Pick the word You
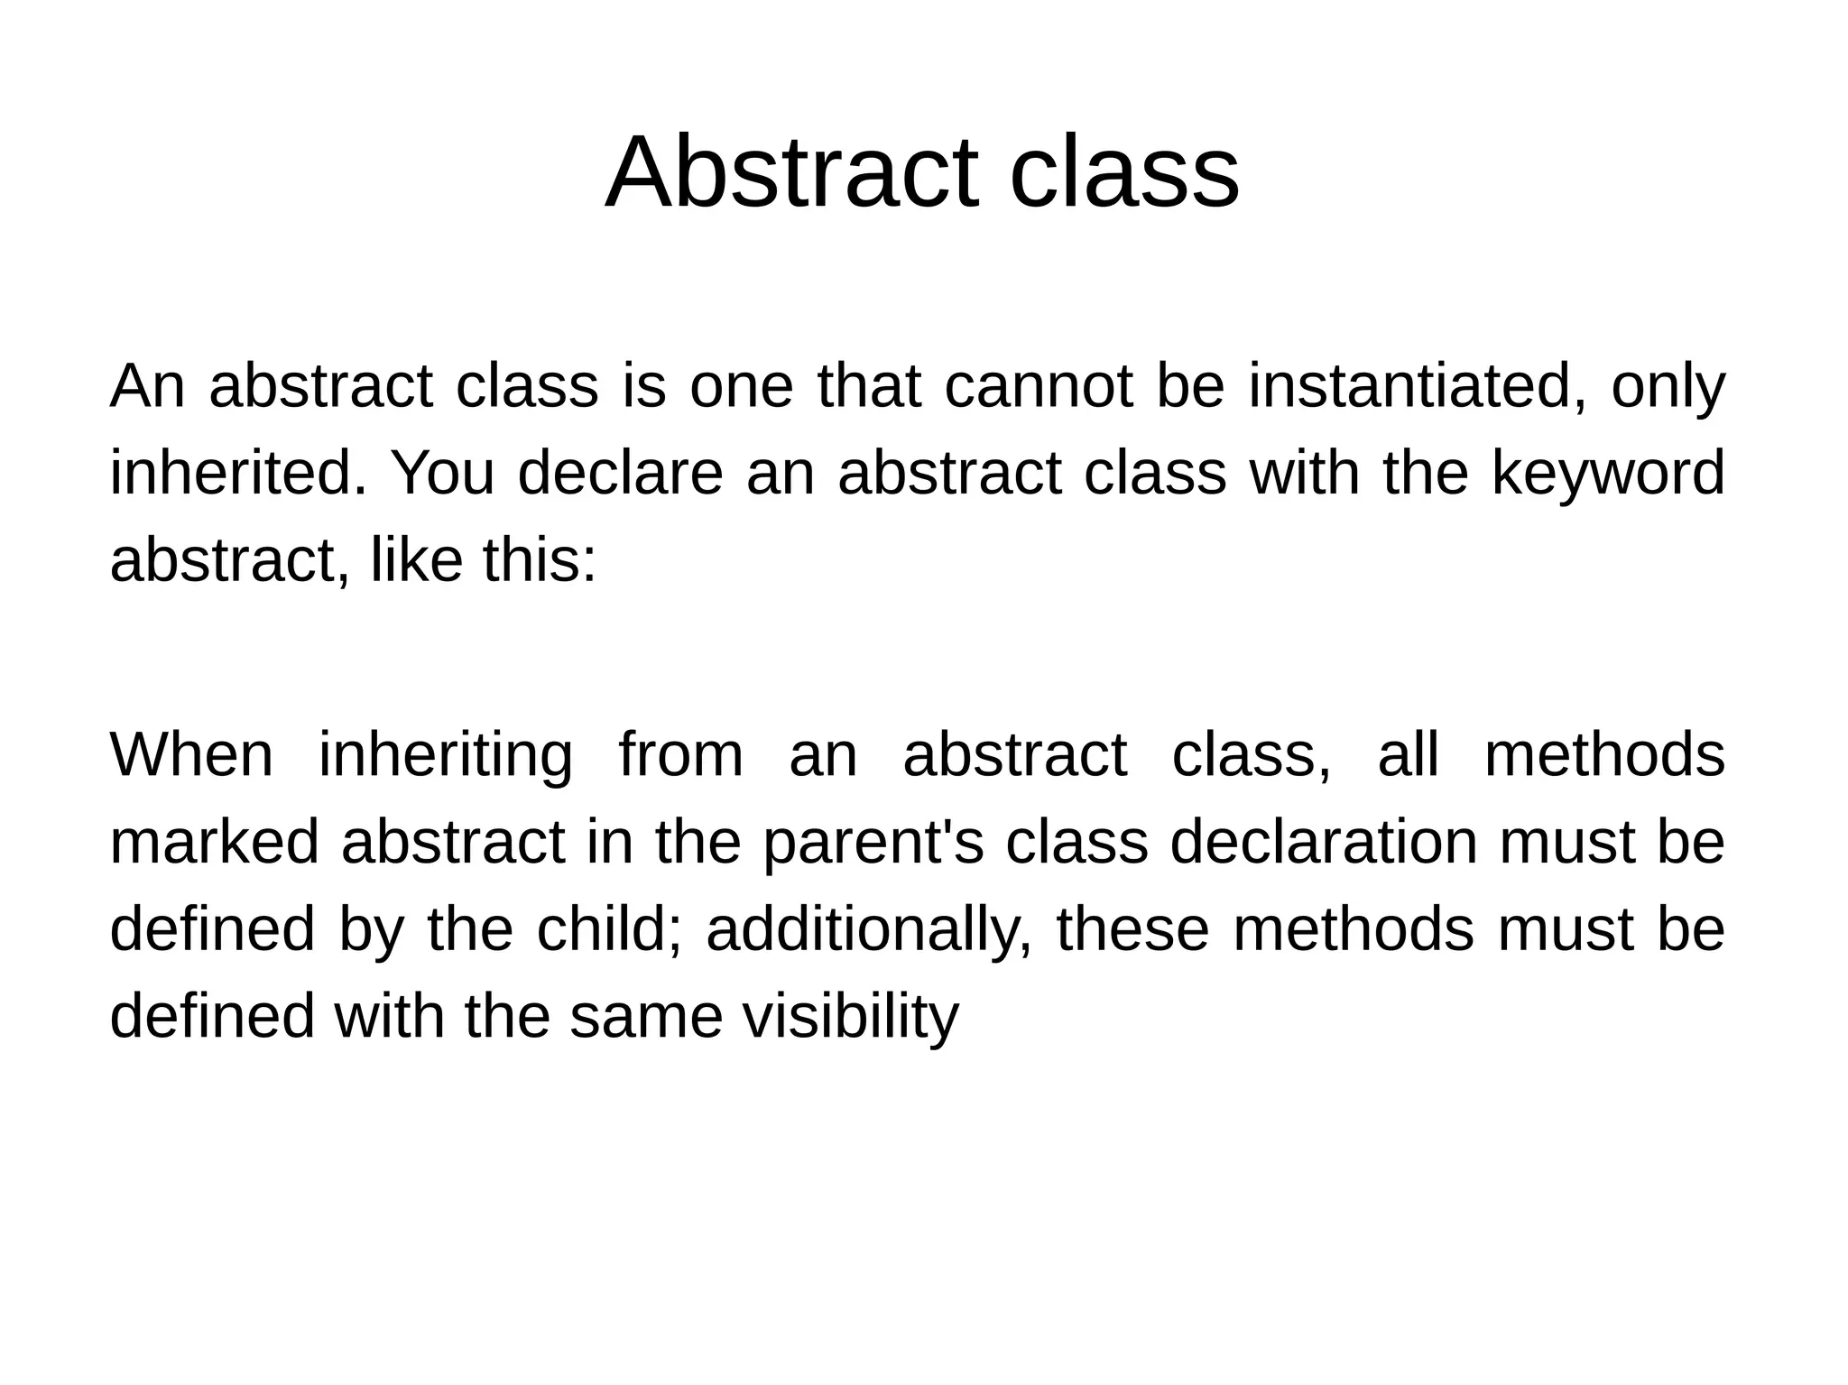click(442, 473)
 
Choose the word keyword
click(1607, 473)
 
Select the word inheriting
click(446, 756)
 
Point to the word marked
click(215, 841)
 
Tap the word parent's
click(873, 843)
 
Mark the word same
click(646, 1016)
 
